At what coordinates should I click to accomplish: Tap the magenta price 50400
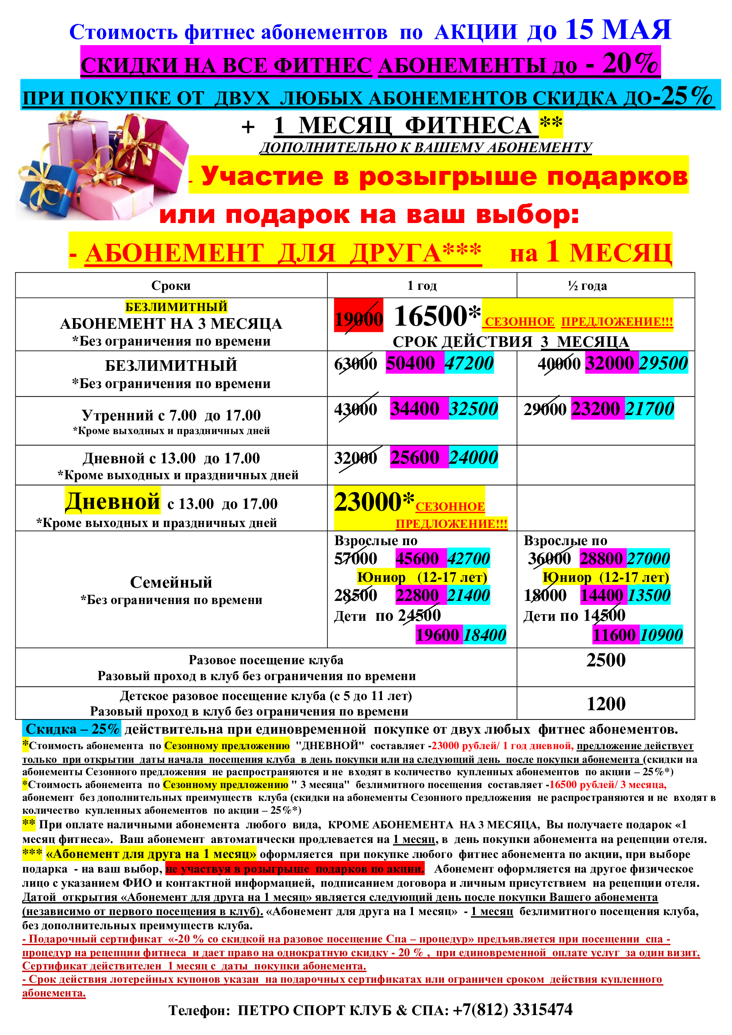tap(410, 363)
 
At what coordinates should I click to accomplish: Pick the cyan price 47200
tap(469, 363)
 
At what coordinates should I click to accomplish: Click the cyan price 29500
tap(663, 363)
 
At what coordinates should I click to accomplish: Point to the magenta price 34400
tap(415, 409)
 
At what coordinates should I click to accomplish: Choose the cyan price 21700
tap(649, 409)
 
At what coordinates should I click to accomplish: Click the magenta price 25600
tap(415, 458)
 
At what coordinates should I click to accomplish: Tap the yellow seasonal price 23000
tap(368, 502)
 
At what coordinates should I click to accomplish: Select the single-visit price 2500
tap(606, 660)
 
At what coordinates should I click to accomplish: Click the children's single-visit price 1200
tap(606, 704)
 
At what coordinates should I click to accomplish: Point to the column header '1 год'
tap(422, 286)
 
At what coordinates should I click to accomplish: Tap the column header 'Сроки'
tap(171, 286)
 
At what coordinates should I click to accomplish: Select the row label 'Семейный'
tap(171, 582)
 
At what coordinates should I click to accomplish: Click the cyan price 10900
tap(661, 635)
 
